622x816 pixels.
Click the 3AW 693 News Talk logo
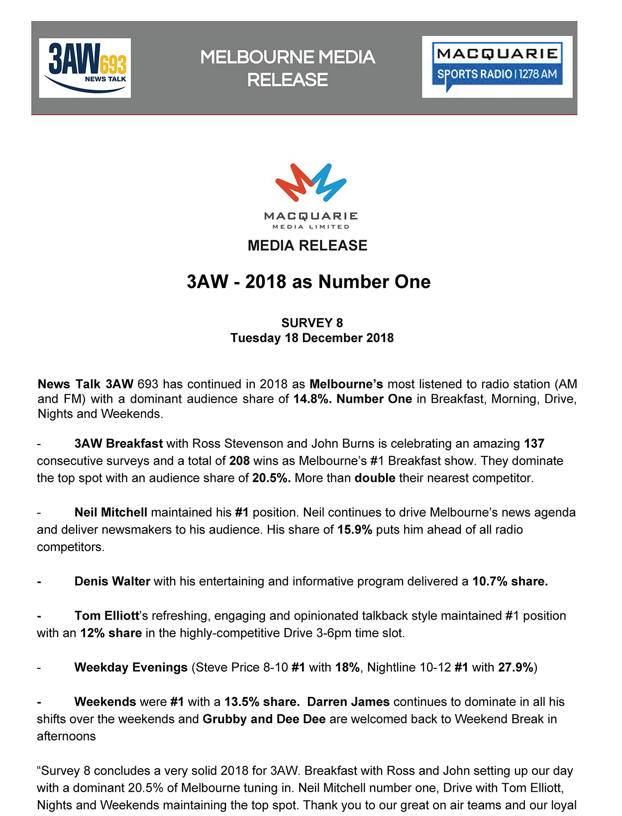(85, 68)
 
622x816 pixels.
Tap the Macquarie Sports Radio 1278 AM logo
(497, 67)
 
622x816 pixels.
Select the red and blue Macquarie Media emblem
(311, 182)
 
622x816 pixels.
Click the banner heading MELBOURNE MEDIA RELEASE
(288, 68)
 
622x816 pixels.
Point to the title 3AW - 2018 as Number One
(309, 282)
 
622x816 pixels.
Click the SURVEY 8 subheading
(312, 323)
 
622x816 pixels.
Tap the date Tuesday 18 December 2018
(312, 338)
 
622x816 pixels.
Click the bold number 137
(534, 443)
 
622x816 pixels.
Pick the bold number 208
(239, 460)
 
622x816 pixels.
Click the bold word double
(375, 478)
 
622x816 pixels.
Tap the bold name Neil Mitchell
(110, 512)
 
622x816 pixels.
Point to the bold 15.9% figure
(355, 530)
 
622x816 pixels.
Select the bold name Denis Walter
(112, 581)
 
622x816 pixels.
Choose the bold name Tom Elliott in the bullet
(106, 616)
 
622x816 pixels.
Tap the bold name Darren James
(348, 702)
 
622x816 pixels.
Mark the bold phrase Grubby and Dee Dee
(264, 719)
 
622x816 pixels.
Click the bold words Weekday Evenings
(131, 667)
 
